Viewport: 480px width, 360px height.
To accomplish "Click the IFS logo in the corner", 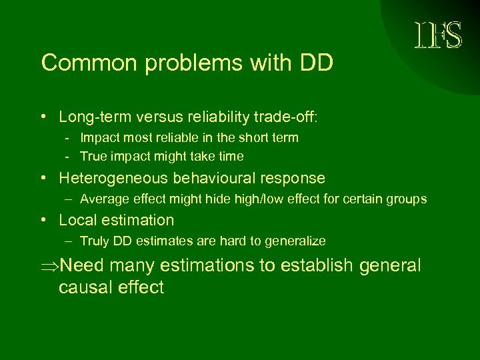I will tap(439, 35).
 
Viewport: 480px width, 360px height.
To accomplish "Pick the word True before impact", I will tap(93, 157).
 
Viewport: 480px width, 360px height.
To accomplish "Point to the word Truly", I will tap(94, 241).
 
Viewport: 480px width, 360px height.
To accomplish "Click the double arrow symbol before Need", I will tap(49, 266).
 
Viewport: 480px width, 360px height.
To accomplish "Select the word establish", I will tap(317, 266).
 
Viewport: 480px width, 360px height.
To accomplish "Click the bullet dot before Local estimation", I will tap(43, 221).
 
